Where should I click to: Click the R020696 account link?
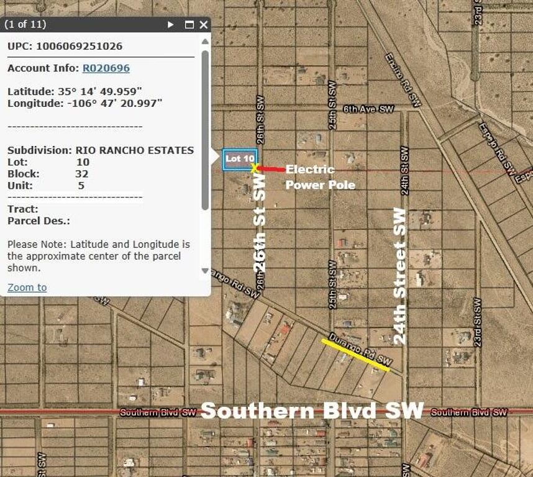106,68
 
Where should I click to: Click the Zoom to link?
27,287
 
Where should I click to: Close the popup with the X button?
204,25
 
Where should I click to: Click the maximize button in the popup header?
189,25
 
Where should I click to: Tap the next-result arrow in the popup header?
171,25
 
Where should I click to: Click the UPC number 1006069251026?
79,46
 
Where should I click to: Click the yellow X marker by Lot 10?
255,168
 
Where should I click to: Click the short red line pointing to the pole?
271,169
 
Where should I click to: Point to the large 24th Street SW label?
400,276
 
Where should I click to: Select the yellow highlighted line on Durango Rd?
355,355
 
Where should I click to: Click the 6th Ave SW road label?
368,109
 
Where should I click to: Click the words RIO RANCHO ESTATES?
134,150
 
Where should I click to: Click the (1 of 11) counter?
25,25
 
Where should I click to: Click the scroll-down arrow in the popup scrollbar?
205,271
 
